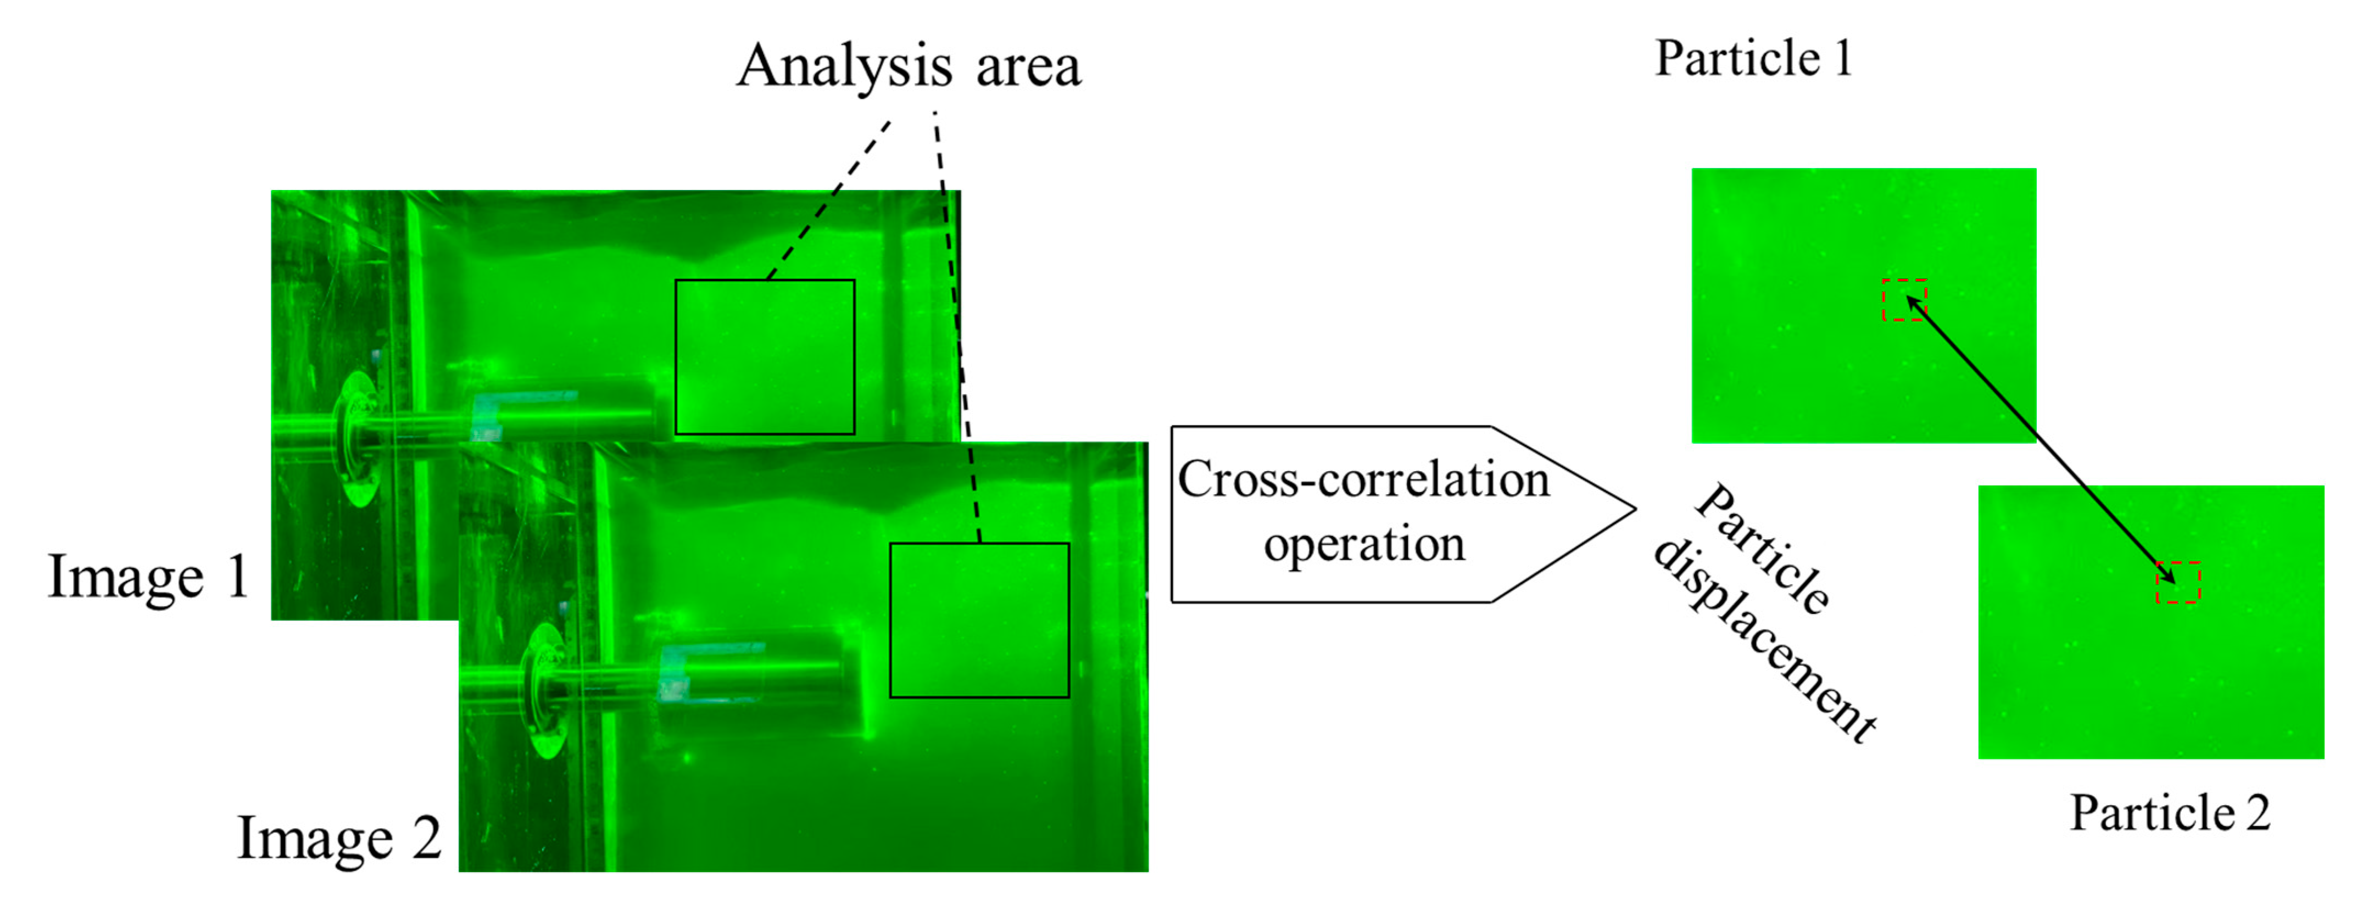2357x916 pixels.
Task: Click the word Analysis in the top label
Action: tap(844, 67)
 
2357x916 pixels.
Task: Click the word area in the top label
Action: tap(1028, 67)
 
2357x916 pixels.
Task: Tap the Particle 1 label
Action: tap(1753, 59)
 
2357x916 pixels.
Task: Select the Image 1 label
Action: tap(148, 577)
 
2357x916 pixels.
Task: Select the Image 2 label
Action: tap(338, 837)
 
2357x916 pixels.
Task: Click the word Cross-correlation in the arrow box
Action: tap(1363, 479)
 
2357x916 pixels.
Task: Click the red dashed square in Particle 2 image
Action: tap(2178, 583)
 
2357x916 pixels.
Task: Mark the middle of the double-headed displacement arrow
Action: tap(2041, 440)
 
